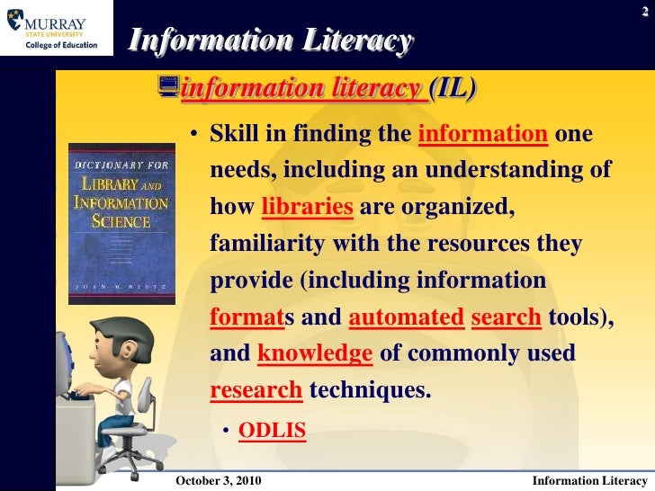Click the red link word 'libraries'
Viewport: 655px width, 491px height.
(x=307, y=208)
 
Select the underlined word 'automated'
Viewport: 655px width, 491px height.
(x=405, y=317)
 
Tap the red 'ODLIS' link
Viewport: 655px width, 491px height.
(x=272, y=433)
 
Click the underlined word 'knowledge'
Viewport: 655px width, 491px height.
(x=315, y=354)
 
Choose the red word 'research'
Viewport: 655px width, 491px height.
(x=256, y=391)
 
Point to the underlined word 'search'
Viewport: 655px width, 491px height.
(x=506, y=317)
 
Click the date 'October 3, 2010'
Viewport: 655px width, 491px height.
(x=219, y=481)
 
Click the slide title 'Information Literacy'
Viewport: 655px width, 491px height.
(x=270, y=40)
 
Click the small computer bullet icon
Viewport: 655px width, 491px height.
(x=167, y=87)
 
